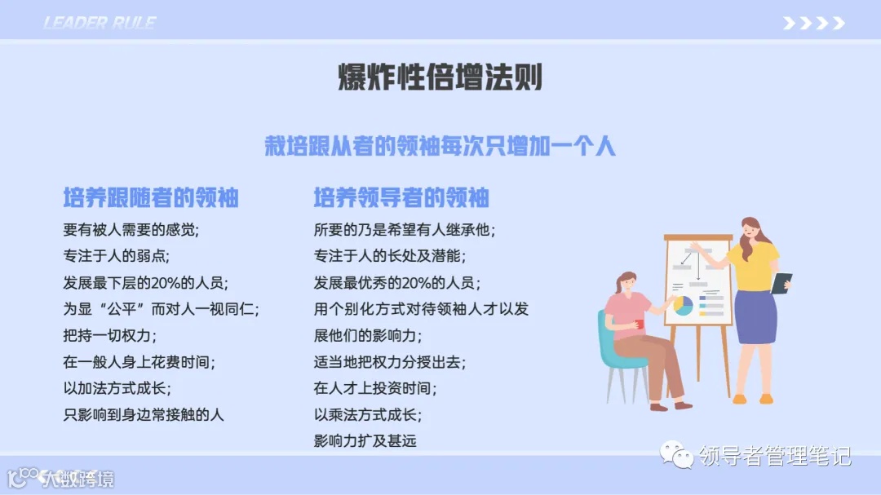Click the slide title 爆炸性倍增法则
tap(440, 78)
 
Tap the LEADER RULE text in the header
tap(100, 23)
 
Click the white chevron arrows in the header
tap(813, 24)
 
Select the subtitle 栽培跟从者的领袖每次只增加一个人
tap(440, 146)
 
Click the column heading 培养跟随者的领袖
tap(151, 197)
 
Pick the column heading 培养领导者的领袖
tap(401, 197)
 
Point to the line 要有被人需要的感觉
tap(131, 230)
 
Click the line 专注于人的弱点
tap(116, 256)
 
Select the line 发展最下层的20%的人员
tap(145, 283)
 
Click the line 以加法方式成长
tap(117, 388)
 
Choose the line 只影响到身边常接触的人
tap(143, 414)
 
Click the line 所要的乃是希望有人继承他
tap(405, 230)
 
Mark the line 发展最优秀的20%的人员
tap(397, 283)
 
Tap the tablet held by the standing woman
tap(781, 282)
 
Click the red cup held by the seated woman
tap(640, 324)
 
